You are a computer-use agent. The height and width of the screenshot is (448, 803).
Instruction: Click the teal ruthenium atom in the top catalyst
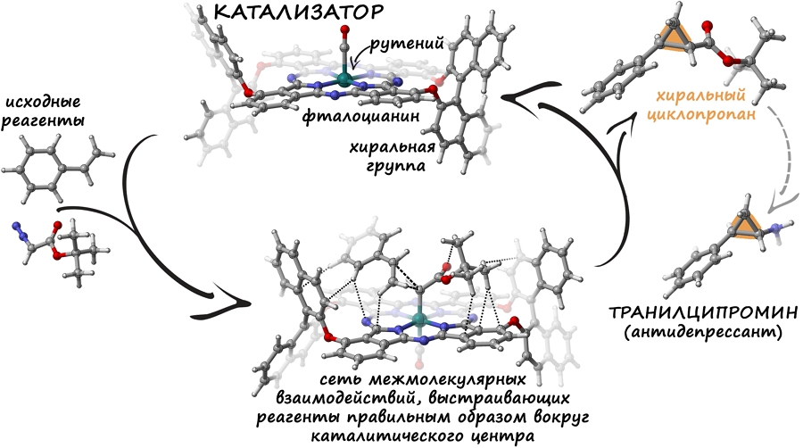point(344,80)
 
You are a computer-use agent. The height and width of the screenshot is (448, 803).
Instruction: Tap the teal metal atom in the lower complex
point(419,318)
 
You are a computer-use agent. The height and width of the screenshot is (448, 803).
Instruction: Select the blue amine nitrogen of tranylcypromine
point(774,232)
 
